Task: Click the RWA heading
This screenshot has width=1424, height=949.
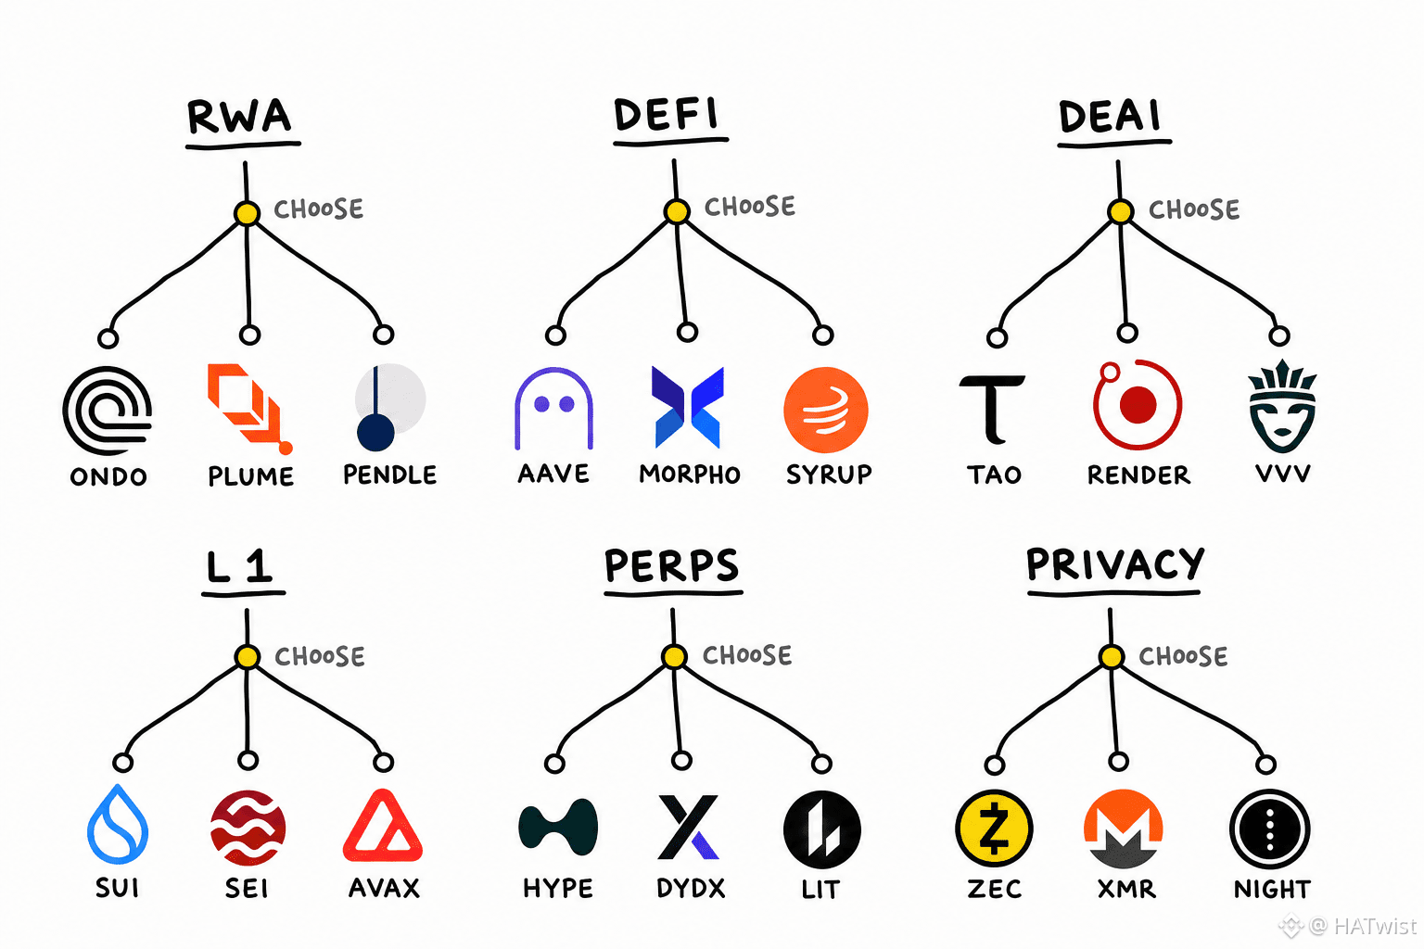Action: click(x=239, y=116)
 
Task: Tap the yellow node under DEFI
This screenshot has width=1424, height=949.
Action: click(x=677, y=211)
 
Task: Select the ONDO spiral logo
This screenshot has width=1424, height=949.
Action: click(x=108, y=410)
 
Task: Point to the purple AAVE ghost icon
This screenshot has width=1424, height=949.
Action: click(x=553, y=408)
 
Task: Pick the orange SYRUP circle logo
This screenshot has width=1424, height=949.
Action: click(x=826, y=410)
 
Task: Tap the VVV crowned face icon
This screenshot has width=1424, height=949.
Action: click(x=1282, y=406)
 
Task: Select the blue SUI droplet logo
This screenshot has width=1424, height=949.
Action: click(x=118, y=824)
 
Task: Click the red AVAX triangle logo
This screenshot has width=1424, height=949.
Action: click(x=383, y=826)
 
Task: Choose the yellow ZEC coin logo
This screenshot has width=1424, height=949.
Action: click(x=994, y=829)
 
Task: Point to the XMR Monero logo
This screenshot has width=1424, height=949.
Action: click(x=1124, y=829)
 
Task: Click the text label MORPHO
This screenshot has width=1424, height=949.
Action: click(x=690, y=474)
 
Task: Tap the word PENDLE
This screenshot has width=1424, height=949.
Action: click(x=389, y=474)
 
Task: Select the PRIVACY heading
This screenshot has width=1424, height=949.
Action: click(x=1115, y=563)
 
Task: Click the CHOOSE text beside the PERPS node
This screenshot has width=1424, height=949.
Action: click(x=747, y=655)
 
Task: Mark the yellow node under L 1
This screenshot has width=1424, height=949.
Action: click(x=248, y=657)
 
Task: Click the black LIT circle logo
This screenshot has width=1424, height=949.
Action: click(x=822, y=829)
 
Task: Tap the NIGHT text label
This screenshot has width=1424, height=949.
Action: click(x=1272, y=889)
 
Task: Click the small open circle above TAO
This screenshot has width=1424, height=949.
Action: click(x=997, y=337)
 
